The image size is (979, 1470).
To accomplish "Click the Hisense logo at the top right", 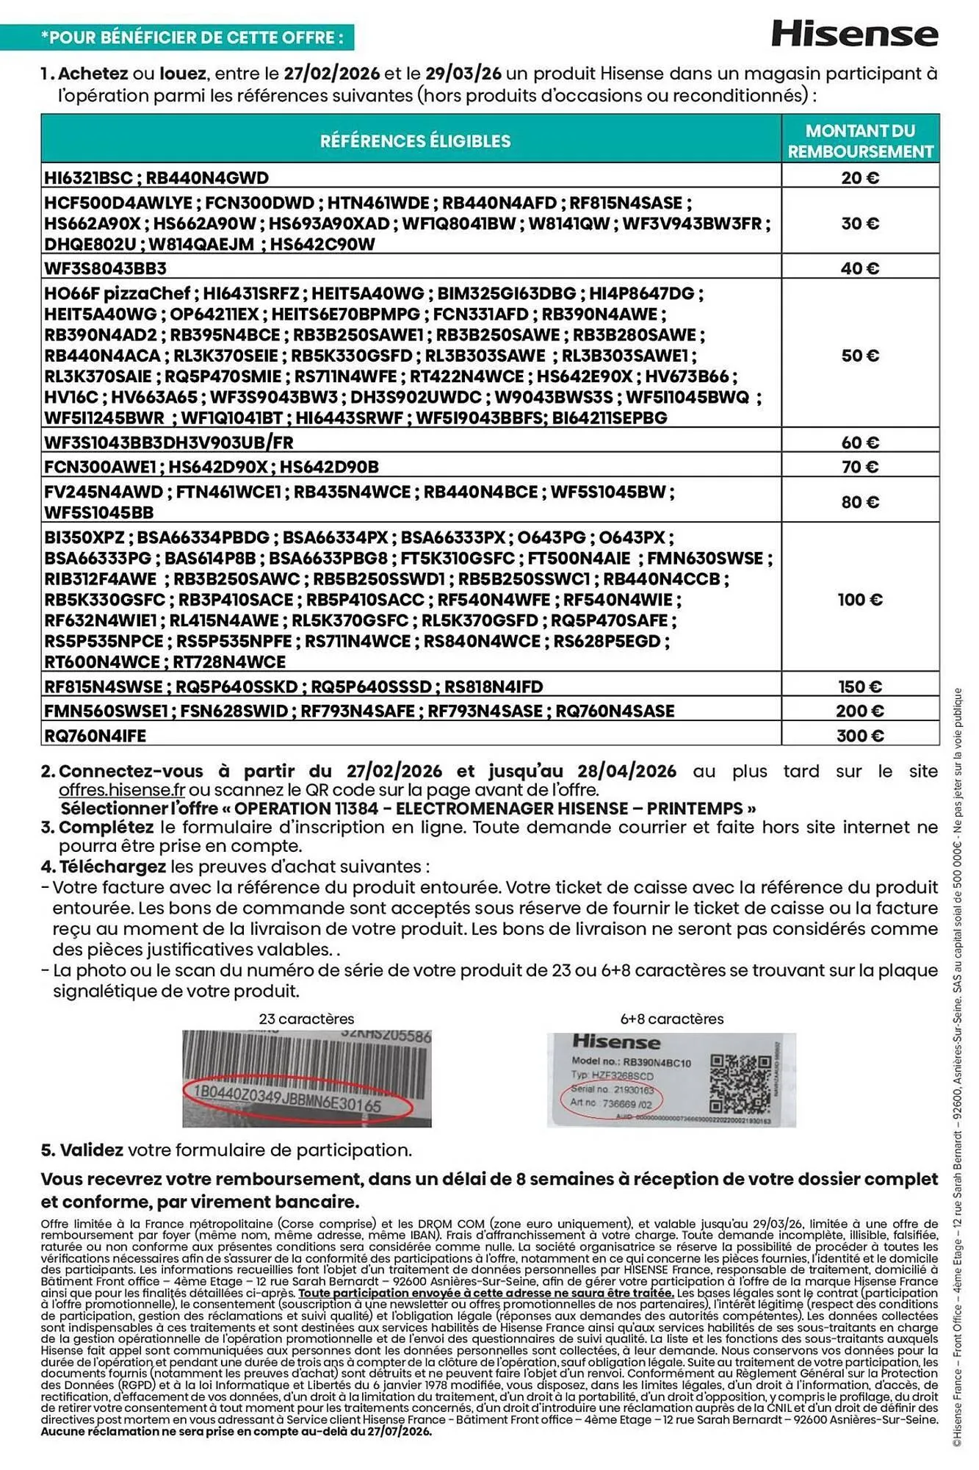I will click(x=854, y=34).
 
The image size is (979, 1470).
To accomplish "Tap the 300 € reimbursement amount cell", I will click(x=859, y=735).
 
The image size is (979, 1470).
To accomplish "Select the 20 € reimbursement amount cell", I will click(x=859, y=177).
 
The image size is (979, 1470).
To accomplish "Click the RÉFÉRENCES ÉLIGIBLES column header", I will click(x=415, y=140).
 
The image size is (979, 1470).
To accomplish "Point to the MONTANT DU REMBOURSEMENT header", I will click(x=860, y=140).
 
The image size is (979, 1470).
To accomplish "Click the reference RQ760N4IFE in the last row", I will click(x=95, y=735).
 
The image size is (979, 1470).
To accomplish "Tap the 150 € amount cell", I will click(x=859, y=686).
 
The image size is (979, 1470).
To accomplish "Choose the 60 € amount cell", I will click(x=859, y=442).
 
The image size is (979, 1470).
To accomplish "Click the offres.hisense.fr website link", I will click(x=122, y=790).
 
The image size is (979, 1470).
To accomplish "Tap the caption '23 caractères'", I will click(x=306, y=1019).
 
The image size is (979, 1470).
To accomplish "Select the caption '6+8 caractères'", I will click(x=671, y=1019).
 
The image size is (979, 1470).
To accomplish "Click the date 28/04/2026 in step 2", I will click(x=626, y=771).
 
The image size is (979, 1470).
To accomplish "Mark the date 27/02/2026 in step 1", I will click(x=332, y=73).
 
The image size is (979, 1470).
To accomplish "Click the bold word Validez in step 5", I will click(x=92, y=1150).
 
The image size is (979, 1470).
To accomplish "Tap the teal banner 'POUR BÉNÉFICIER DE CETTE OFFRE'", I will click(x=192, y=37).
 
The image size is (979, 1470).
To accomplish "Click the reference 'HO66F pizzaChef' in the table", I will click(x=118, y=293).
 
